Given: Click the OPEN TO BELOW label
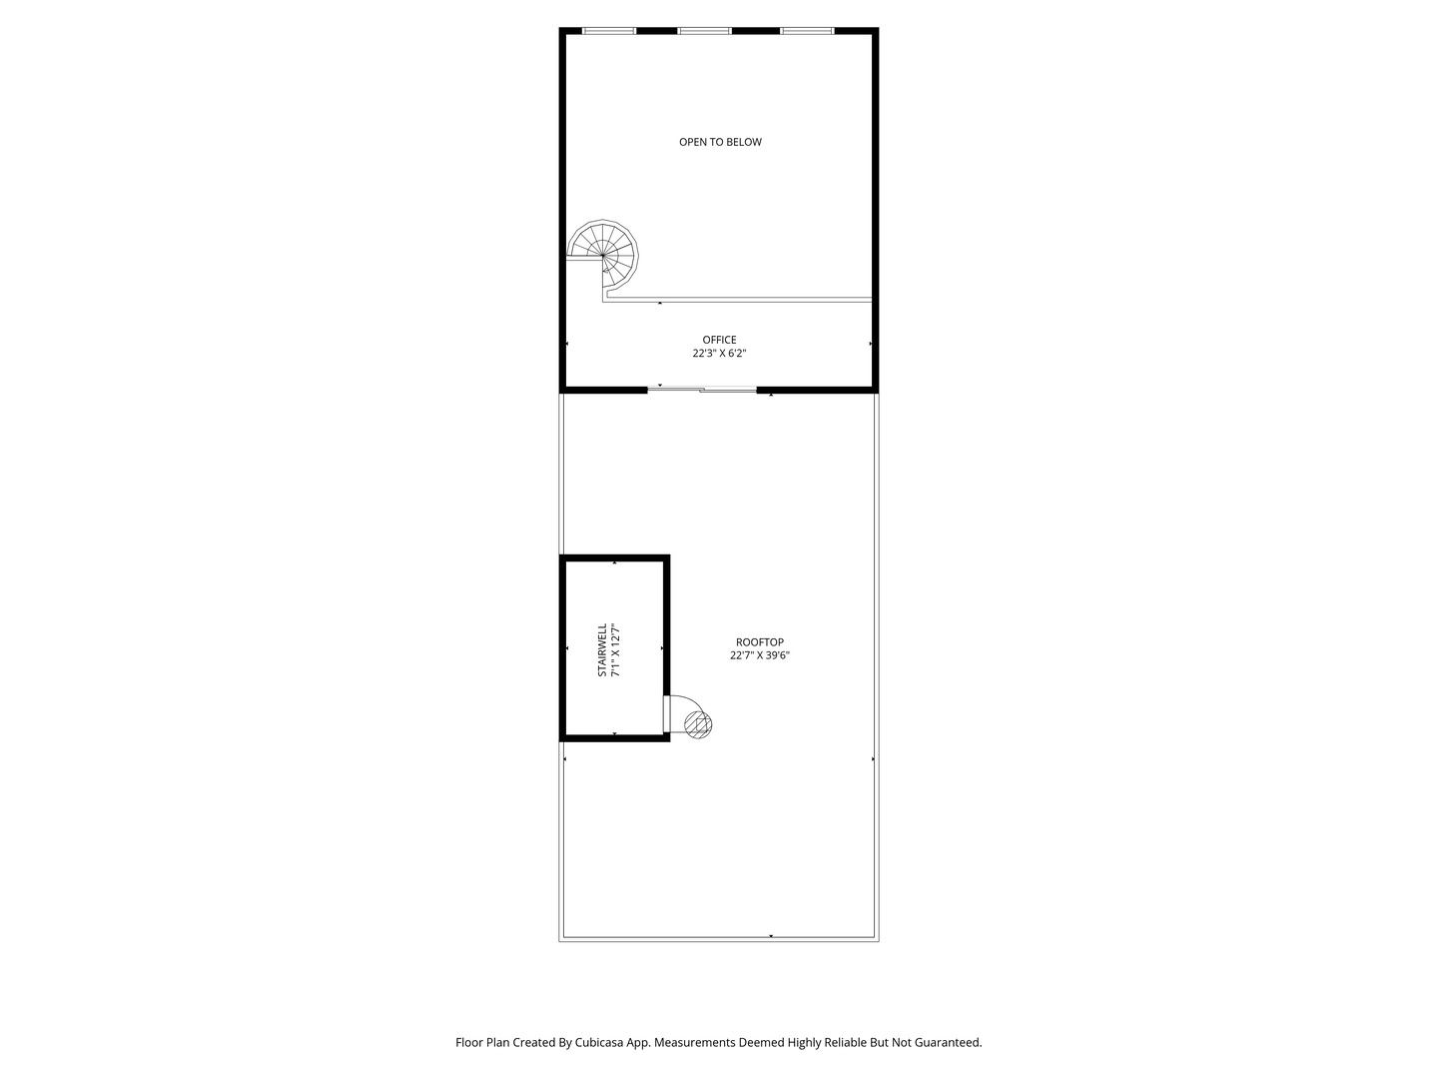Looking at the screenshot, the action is tap(720, 142).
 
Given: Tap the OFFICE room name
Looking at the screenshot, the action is tap(719, 340).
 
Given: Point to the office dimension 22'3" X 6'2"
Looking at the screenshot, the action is tap(719, 353).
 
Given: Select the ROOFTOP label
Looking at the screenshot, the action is tap(759, 642).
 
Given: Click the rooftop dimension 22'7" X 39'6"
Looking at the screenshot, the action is tap(760, 655).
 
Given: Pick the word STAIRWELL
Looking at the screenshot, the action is tap(602, 649).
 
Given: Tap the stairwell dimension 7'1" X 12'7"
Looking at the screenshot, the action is tap(615, 649).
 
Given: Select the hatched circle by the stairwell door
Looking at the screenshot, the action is tap(698, 724).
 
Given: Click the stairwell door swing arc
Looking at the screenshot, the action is tap(693, 701).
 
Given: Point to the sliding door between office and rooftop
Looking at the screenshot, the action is tap(702, 390).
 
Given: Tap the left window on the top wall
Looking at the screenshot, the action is tap(608, 31).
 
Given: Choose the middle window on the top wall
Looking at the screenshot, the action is tap(704, 31).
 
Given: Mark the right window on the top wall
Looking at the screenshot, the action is tap(807, 31).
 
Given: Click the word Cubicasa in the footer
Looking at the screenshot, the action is tap(599, 1042).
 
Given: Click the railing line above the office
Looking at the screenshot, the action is tap(738, 300).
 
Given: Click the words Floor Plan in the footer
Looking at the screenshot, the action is tap(482, 1042).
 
